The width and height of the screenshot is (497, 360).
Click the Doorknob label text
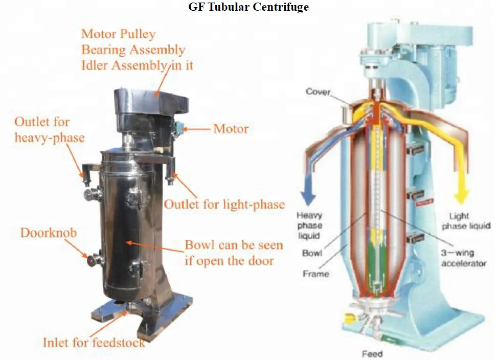coord(49,233)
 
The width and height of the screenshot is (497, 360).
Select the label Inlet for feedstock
coord(94,342)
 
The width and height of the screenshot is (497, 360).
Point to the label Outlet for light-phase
coord(224,204)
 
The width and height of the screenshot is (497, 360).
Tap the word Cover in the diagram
coord(318,92)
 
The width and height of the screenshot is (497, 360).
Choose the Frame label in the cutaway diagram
coord(315,274)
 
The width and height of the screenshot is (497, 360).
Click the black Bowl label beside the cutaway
coord(312,253)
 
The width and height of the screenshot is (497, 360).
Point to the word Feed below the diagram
coord(372,353)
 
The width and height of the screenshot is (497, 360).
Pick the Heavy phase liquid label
coord(310,226)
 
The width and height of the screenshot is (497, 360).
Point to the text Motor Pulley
coord(119,35)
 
